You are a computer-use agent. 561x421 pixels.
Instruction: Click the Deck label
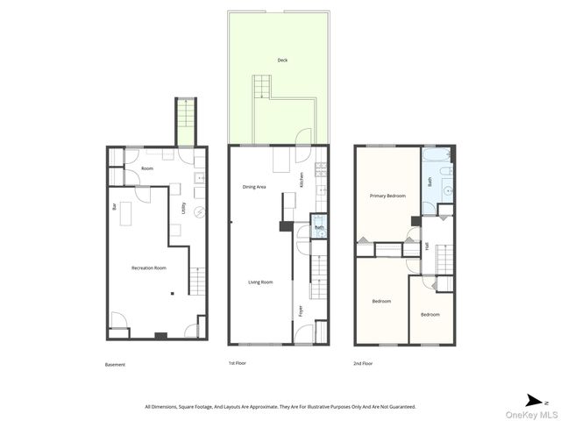pyautogui.click(x=282, y=61)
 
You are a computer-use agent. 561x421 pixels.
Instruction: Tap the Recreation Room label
pyautogui.click(x=148, y=267)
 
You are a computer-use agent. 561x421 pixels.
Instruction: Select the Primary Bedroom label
pyautogui.click(x=387, y=196)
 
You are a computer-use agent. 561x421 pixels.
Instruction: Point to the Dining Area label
pyautogui.click(x=254, y=187)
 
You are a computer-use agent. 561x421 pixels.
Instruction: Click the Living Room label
pyautogui.click(x=260, y=282)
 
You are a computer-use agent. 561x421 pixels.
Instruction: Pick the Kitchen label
pyautogui.click(x=303, y=181)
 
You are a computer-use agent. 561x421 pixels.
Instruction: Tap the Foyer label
pyautogui.click(x=299, y=309)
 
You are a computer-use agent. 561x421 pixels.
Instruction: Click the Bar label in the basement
pyautogui.click(x=114, y=207)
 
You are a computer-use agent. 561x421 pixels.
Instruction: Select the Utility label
pyautogui.click(x=183, y=209)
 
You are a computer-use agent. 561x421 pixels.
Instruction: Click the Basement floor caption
pyautogui.click(x=115, y=364)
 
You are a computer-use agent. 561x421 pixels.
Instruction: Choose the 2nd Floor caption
pyautogui.click(x=363, y=363)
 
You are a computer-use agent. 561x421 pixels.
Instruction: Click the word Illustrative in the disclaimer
pyautogui.click(x=320, y=406)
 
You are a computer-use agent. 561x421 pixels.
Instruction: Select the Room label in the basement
pyautogui.click(x=147, y=168)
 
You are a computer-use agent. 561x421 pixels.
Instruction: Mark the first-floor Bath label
pyautogui.click(x=321, y=227)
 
